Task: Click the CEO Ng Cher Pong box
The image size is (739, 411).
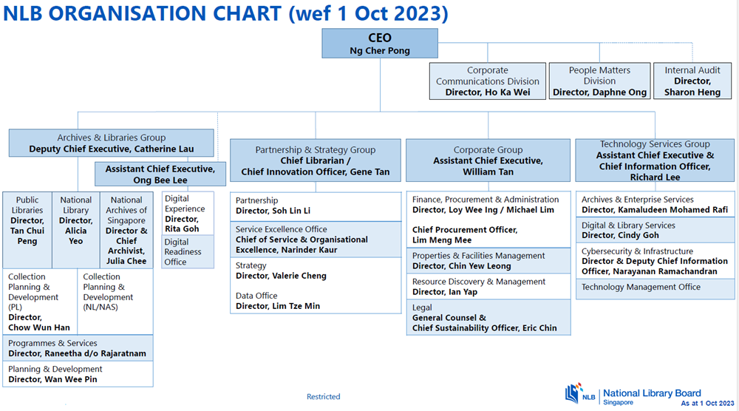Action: pos(380,44)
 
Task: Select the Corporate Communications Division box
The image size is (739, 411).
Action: pos(487,81)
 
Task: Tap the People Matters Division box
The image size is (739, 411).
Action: pos(599,81)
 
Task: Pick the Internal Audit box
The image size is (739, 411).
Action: pos(692,81)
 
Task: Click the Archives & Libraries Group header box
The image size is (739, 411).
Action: pos(112,143)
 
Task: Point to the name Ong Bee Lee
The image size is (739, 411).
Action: pos(160,180)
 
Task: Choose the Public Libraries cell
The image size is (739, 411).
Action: pos(27,230)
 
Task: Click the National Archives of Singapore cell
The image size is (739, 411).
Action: pos(126,230)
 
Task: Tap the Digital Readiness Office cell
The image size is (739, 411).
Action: pos(188,251)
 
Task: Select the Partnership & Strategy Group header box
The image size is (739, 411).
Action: pos(316,160)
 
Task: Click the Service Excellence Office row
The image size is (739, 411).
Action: pos(316,240)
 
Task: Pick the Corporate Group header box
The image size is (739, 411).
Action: pos(488,160)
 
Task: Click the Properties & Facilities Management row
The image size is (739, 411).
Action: pos(488,261)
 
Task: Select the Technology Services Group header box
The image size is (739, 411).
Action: pos(655,160)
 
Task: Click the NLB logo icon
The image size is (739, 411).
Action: pos(574,393)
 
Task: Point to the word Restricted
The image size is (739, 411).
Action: pos(324,397)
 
